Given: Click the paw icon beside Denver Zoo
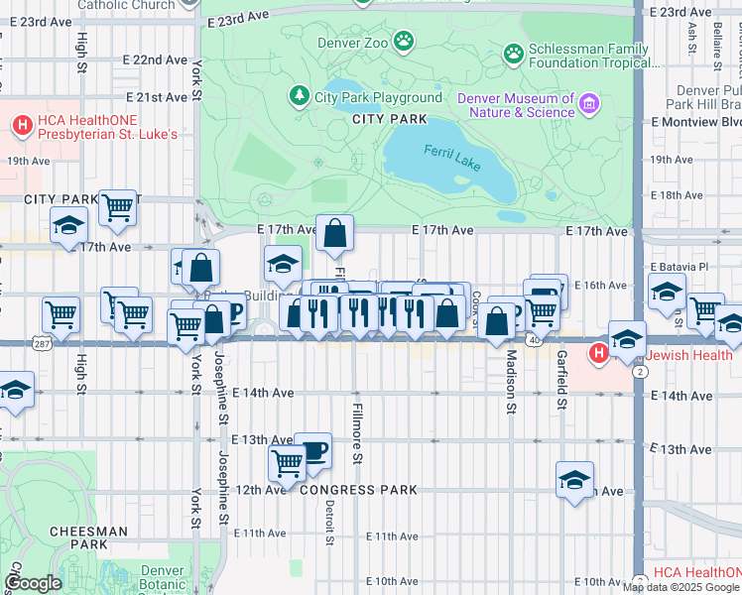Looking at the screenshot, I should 404,41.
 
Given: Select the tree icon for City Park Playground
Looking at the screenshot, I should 298,96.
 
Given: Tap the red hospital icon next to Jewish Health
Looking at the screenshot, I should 598,353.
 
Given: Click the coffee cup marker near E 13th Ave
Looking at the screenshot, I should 312,449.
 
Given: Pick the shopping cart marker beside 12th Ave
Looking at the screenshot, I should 287,461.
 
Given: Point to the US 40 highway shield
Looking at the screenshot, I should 534,339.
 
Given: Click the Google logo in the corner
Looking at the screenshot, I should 33,584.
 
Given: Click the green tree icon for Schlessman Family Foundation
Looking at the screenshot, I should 514,52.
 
